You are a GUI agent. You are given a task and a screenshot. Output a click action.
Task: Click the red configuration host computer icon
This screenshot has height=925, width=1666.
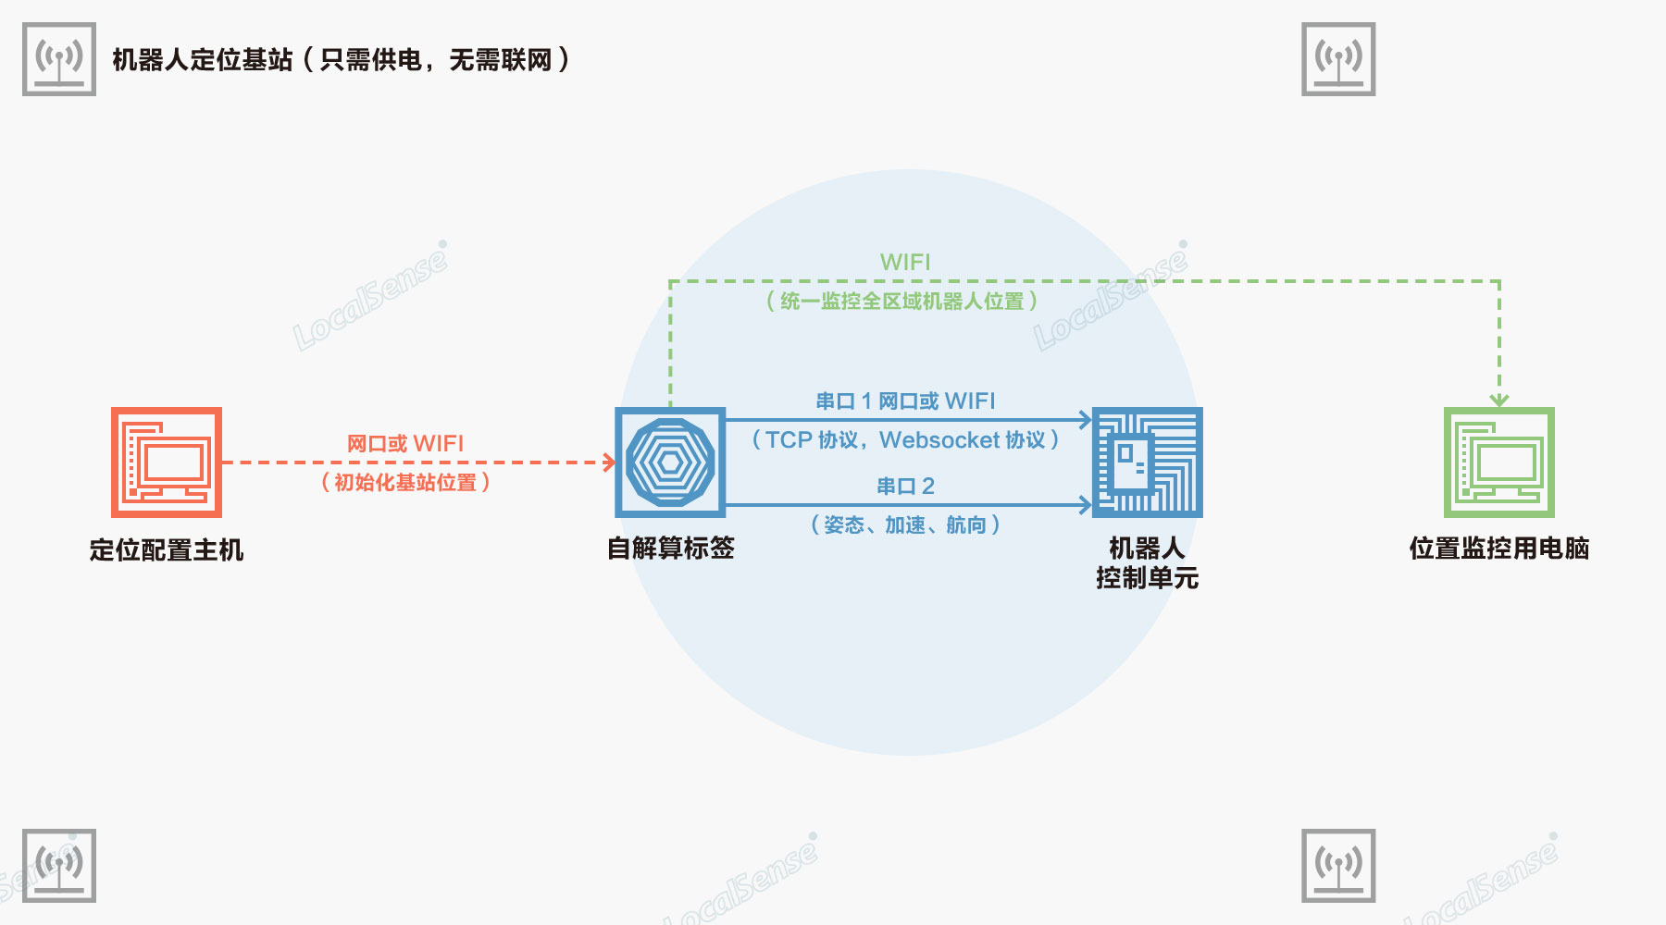point(167,462)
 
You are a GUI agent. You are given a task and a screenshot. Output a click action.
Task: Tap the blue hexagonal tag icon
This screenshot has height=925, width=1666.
point(670,462)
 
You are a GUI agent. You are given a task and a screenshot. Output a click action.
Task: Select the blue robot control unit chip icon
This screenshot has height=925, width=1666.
point(1147,462)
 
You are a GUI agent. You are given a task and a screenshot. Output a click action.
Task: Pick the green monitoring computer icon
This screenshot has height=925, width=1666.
point(1499,462)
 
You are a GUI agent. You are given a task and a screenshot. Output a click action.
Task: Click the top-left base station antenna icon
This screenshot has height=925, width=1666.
point(59,59)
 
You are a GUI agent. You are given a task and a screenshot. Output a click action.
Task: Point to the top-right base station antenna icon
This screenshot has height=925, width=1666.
point(1338,59)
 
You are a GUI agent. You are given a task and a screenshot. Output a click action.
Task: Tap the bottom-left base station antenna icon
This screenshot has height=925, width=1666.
point(59,866)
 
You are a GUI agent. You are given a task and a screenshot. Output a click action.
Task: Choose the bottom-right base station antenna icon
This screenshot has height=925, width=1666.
point(1338,866)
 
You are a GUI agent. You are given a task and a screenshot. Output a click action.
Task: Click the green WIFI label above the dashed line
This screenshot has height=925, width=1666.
point(905,262)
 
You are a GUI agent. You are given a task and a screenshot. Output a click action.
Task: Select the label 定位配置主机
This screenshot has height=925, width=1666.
point(167,550)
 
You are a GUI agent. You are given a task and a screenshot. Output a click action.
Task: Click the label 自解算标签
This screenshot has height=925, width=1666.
point(670,549)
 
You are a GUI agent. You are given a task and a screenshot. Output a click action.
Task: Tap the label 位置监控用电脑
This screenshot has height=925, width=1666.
point(1499,549)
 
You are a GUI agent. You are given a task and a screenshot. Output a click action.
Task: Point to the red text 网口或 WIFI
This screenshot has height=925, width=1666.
point(405,444)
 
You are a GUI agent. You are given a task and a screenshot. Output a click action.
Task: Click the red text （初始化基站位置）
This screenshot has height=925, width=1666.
point(405,483)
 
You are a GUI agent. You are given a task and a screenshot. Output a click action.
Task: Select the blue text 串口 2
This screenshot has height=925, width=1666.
point(905,487)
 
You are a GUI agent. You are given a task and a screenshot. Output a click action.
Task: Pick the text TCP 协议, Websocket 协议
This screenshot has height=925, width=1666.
point(905,440)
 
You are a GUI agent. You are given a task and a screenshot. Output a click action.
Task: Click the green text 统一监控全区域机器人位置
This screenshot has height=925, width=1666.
point(902,302)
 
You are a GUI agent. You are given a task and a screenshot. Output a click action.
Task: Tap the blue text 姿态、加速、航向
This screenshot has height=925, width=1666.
point(905,525)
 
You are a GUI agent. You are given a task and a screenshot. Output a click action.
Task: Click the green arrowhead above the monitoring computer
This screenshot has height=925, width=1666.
point(1499,401)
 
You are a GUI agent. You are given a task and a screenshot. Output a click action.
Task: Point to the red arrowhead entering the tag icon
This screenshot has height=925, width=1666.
point(609,462)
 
